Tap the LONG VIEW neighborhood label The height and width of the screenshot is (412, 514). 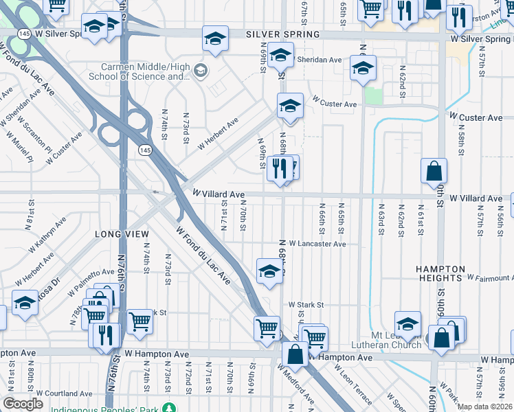[122, 234]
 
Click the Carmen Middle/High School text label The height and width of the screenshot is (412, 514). [145, 71]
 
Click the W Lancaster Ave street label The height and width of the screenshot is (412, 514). [317, 244]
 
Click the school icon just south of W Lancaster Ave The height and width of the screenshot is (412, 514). [269, 271]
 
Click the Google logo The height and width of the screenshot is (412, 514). [23, 404]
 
